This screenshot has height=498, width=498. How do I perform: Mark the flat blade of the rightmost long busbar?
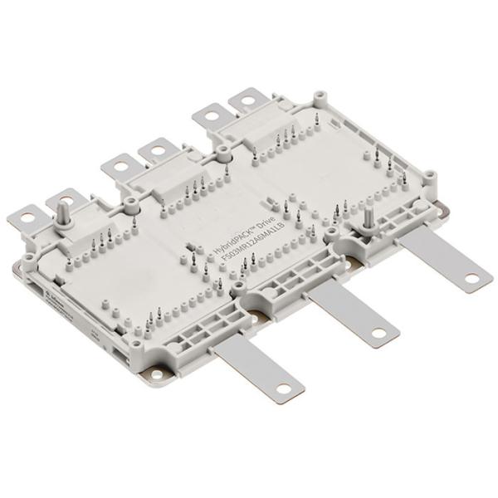440,256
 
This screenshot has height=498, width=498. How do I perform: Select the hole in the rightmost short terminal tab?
247,104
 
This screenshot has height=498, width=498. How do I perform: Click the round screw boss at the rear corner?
315,97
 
